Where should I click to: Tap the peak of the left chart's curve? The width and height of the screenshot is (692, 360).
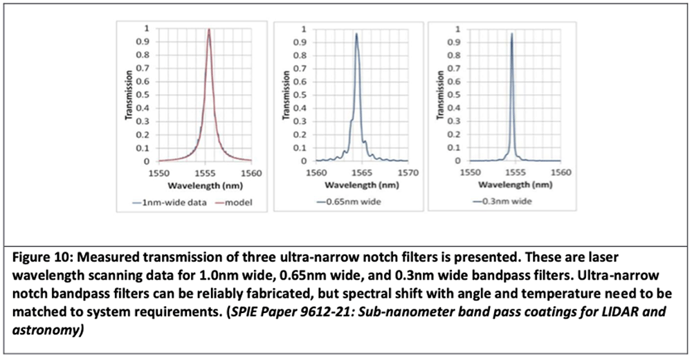(x=209, y=30)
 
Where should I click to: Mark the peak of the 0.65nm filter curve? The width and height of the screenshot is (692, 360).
(x=356, y=33)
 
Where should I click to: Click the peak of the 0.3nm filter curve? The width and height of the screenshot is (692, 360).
(x=511, y=33)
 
